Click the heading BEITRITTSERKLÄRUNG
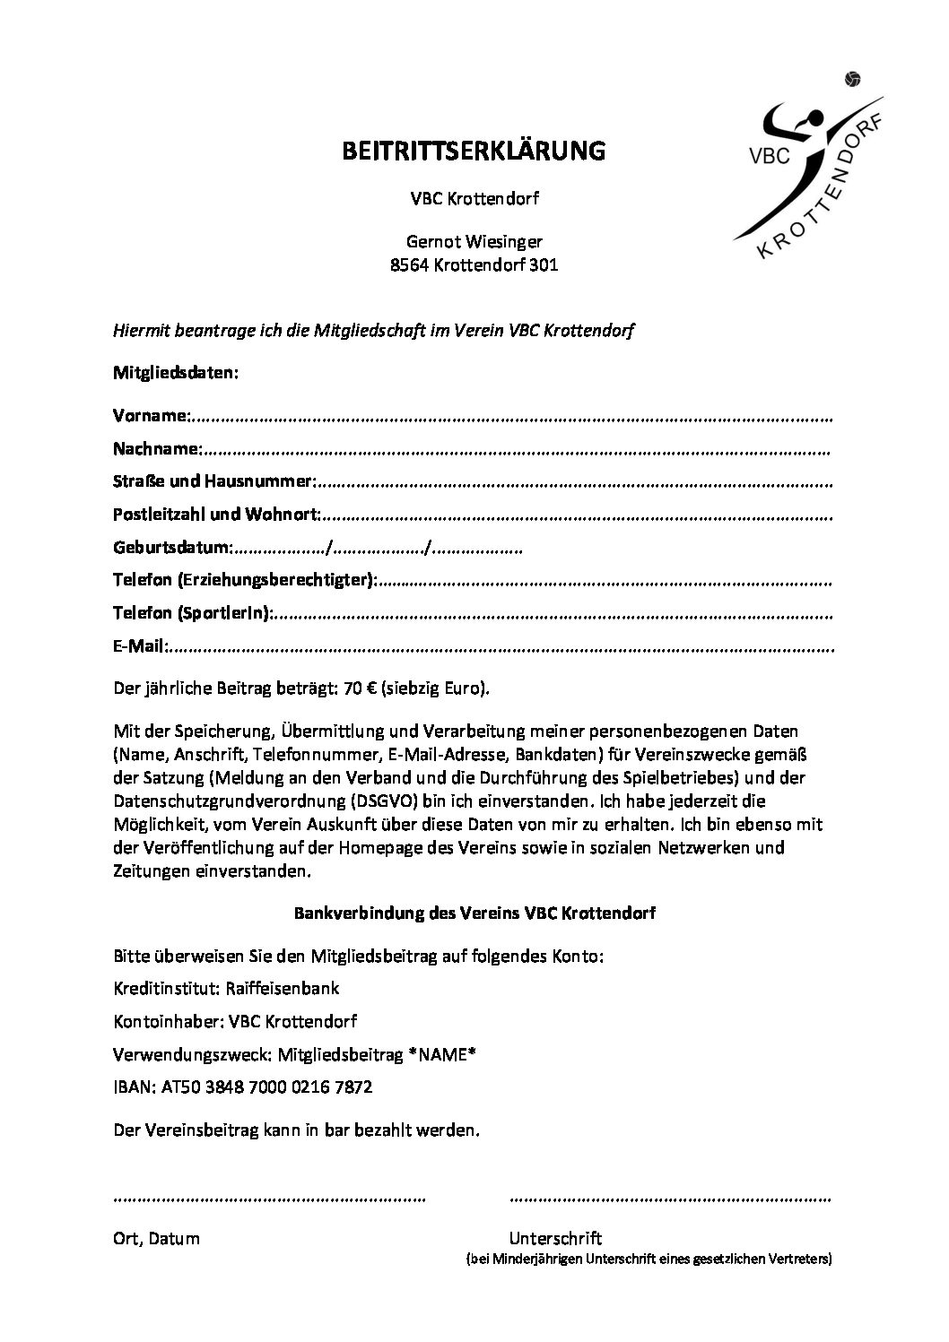click(x=474, y=151)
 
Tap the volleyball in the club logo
click(x=852, y=80)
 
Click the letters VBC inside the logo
click(x=769, y=154)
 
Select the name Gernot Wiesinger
click(x=474, y=241)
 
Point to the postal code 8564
click(x=410, y=265)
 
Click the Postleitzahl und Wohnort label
click(x=216, y=515)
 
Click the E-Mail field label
click(x=139, y=645)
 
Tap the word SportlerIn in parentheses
click(x=224, y=613)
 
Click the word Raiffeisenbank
click(x=286, y=988)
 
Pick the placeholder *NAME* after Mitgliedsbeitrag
click(x=441, y=1054)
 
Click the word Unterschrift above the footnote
click(x=555, y=1238)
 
